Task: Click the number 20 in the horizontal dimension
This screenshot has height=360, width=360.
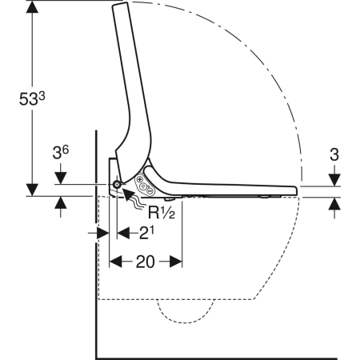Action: tap(146, 261)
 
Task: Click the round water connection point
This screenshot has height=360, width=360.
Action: tap(118, 185)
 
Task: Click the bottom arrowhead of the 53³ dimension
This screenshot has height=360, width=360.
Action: tap(33, 189)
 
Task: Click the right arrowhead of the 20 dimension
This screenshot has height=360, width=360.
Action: tap(178, 261)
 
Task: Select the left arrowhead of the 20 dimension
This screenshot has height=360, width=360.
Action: tap(114, 261)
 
